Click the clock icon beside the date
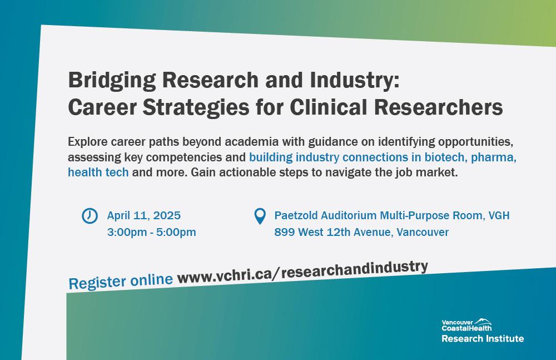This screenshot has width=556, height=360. [x=90, y=215]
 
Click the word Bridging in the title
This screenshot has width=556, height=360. [x=112, y=81]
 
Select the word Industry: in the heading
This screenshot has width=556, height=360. [x=355, y=81]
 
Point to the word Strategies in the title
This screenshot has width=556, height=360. [x=196, y=107]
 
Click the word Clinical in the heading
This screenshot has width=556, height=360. [x=329, y=107]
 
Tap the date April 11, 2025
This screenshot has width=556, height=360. [x=144, y=215]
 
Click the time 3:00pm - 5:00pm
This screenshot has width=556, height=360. [x=151, y=232]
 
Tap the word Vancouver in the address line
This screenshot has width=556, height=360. [x=423, y=232]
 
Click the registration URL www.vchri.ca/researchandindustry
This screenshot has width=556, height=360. [x=303, y=272]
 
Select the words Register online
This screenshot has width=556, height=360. [x=121, y=282]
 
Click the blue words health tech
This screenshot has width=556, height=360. [x=98, y=172]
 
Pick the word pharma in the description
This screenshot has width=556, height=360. [x=494, y=157]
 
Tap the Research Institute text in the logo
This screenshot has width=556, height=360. [x=483, y=339]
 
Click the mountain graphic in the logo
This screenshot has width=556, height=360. [x=483, y=321]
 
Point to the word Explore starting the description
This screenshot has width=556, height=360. [x=88, y=142]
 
